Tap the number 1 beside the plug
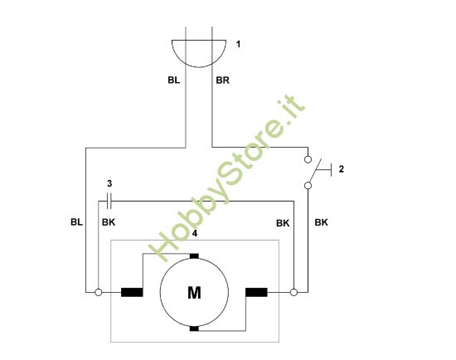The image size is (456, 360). point(238,43)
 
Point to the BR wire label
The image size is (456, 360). point(222,81)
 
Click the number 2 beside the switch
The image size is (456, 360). point(341,169)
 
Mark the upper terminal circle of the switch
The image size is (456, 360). point(308,158)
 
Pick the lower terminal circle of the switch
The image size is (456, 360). point(308,186)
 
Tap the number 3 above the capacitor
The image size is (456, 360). point(109,182)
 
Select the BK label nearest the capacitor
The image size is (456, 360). point(109,222)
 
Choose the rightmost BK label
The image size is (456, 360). point(322,222)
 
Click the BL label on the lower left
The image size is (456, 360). point(77,222)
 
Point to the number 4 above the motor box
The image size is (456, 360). point(194,234)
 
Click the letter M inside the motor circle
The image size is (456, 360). point(194,292)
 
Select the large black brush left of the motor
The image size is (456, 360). point(132,292)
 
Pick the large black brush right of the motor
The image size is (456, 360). point(256,292)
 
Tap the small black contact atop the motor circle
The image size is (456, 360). point(194,255)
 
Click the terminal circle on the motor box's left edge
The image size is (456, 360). point(99,292)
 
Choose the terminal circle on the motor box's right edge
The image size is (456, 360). point(293,292)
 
